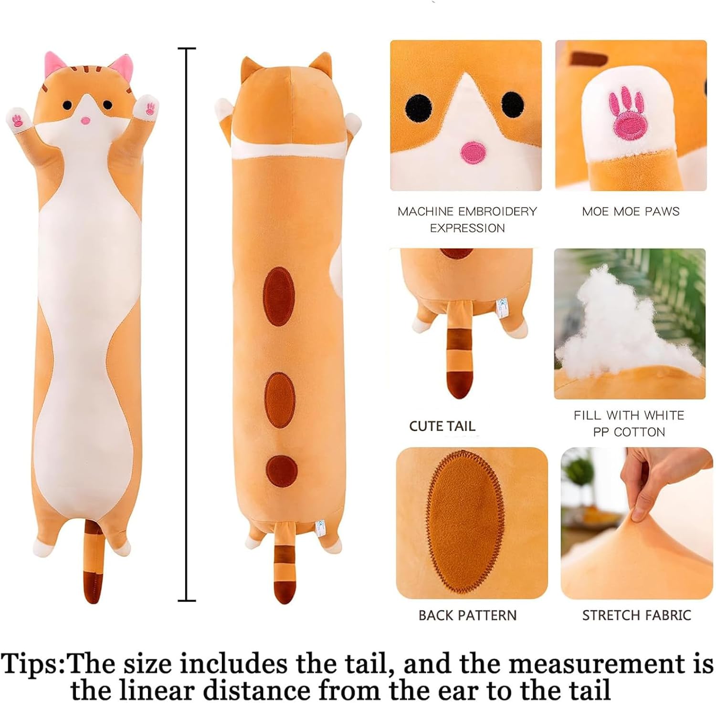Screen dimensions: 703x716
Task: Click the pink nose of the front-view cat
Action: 85,120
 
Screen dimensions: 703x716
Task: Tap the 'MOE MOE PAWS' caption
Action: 630,211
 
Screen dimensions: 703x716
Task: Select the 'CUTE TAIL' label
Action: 442,426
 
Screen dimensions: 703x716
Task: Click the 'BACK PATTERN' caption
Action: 467,615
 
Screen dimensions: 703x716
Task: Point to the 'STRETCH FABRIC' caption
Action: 636,615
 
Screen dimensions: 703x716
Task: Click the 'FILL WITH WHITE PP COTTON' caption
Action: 629,424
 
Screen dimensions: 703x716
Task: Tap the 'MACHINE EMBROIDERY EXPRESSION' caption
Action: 467,219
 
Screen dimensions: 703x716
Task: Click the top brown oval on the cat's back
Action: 278,296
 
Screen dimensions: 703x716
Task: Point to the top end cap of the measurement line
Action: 187,49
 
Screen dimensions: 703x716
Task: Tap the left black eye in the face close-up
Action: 419,107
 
